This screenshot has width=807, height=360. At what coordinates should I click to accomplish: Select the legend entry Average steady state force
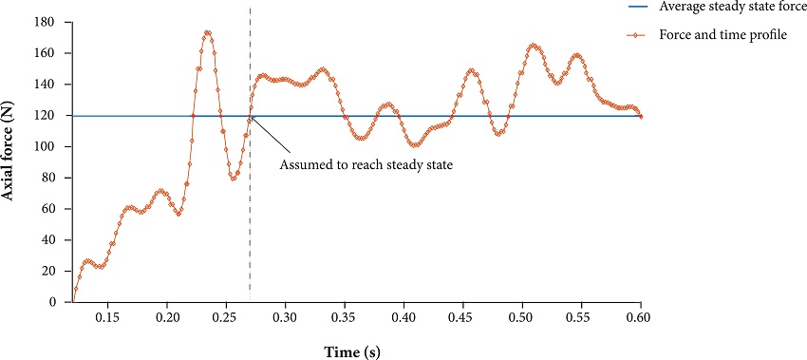732,7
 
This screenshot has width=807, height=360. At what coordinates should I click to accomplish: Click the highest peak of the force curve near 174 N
207,32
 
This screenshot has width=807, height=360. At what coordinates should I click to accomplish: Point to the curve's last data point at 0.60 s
641,116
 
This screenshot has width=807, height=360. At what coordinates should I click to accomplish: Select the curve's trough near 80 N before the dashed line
233,179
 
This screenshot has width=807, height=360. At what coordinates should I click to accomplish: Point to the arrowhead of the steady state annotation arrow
252,118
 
